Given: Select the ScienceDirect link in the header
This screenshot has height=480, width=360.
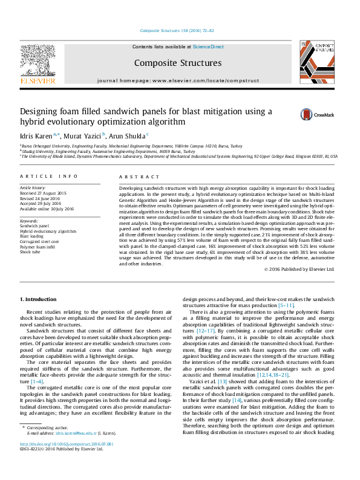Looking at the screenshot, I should (208, 47).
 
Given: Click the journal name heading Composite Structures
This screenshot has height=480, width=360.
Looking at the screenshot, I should (177, 63).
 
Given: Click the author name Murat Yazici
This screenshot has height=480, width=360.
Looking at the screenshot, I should (83, 135).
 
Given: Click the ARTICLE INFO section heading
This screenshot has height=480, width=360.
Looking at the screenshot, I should (49, 176).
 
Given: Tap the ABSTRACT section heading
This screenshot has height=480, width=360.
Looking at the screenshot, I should (134, 176).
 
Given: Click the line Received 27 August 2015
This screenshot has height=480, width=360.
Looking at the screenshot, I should (44, 193).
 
